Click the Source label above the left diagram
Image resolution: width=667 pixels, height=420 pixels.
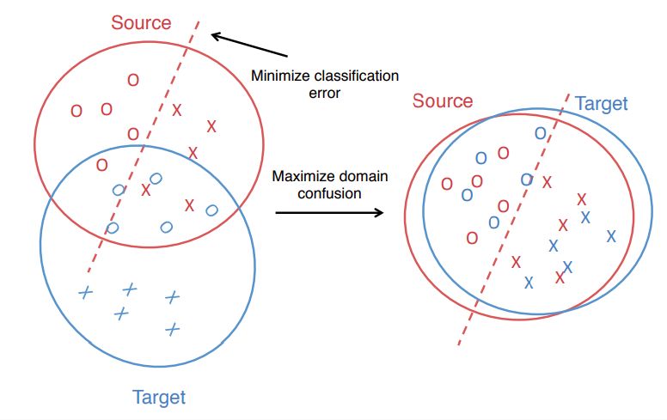coord(142,22)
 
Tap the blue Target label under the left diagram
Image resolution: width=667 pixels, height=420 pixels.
coord(159,397)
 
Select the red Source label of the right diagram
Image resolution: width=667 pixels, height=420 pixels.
coord(443,101)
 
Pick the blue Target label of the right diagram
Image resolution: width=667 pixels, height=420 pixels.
coord(602,104)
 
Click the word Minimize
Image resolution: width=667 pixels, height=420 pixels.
coord(278,76)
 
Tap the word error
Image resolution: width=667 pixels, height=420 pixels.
coord(325,92)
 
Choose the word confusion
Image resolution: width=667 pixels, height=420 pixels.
coord(329,193)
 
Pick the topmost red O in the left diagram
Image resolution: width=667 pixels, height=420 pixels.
coord(132,80)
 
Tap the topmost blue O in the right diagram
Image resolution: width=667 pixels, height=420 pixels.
coord(540,133)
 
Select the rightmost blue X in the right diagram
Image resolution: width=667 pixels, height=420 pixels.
coord(611,235)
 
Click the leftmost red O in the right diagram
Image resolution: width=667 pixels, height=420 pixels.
coord(447,184)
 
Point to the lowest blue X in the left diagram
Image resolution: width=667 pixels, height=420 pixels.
coord(173,328)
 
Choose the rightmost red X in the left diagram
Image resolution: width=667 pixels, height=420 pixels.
coord(211,127)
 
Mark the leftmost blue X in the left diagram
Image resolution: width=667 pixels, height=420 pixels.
coord(84,293)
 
